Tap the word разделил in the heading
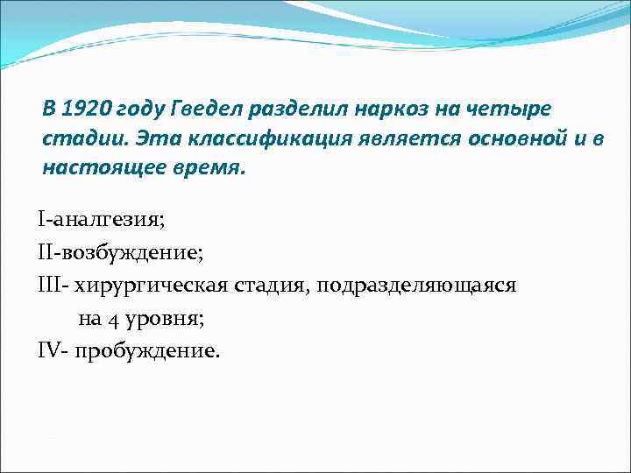coord(301,109)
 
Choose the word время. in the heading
coord(208,167)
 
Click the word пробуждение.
coord(148,350)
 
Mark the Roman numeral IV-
coord(53,350)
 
